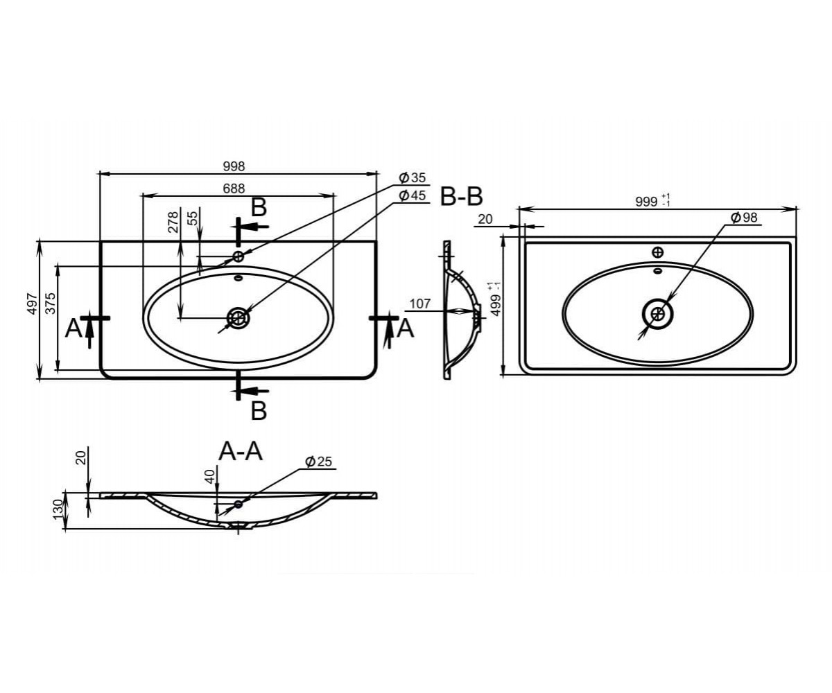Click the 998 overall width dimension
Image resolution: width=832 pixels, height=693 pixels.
coord(234,166)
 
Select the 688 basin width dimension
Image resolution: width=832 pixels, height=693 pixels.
coord(234,188)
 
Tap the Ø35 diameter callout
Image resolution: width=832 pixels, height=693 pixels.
coord(413,177)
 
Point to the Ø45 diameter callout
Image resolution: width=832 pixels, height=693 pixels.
coord(413,195)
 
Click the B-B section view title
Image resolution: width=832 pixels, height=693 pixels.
coord(461,197)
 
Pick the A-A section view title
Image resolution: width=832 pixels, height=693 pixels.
coord(241,451)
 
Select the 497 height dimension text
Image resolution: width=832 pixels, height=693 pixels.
coord(33,304)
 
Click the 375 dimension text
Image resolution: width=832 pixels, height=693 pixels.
coord(51,304)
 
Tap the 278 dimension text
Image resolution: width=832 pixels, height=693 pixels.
coord(173,222)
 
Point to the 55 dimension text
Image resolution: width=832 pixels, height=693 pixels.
coord(192,218)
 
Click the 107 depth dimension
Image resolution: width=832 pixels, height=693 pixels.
coord(420,304)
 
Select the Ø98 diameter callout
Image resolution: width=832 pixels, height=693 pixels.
coord(744,218)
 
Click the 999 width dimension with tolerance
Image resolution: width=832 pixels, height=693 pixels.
coord(652,201)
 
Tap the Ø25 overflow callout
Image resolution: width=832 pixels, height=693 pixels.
coord(318,462)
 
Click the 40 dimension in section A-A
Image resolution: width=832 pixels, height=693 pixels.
coord(210,476)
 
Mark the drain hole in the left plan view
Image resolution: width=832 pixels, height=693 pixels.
coord(239,317)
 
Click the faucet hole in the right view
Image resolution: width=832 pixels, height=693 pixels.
coord(657,252)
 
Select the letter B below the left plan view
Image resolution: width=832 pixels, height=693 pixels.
coord(259,410)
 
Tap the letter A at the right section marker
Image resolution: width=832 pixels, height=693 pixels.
coord(406,329)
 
